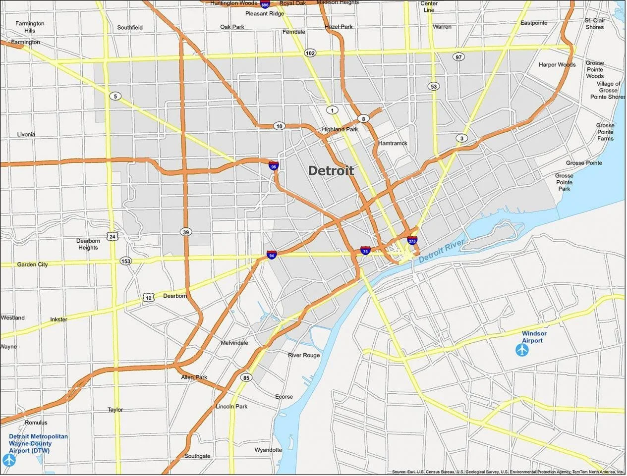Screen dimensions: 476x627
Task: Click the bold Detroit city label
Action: [x=331, y=171]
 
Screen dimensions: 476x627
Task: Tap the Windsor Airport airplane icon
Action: [x=522, y=350]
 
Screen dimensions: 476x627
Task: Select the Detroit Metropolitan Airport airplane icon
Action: [x=9, y=460]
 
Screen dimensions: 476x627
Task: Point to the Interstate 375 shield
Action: [x=412, y=241]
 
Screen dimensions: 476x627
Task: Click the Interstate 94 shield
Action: [x=271, y=255]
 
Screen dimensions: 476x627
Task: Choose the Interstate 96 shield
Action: [x=273, y=166]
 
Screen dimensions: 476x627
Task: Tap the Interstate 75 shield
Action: [x=365, y=251]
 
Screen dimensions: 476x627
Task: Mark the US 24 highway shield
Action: [x=113, y=236]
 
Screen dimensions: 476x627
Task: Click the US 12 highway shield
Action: [x=148, y=297]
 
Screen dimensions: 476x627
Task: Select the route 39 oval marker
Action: [x=186, y=232]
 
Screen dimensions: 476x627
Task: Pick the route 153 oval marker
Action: [x=126, y=261]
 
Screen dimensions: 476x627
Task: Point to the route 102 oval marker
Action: [x=310, y=53]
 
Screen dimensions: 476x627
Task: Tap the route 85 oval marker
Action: [x=246, y=378]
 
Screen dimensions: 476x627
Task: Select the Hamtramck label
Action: [x=393, y=143]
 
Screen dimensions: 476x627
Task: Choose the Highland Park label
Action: [x=340, y=129]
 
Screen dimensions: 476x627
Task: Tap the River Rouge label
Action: [x=304, y=355]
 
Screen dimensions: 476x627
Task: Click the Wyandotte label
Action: [x=268, y=450]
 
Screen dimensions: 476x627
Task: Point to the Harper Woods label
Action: [x=557, y=65]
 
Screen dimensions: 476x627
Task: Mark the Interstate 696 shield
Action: [x=265, y=4]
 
